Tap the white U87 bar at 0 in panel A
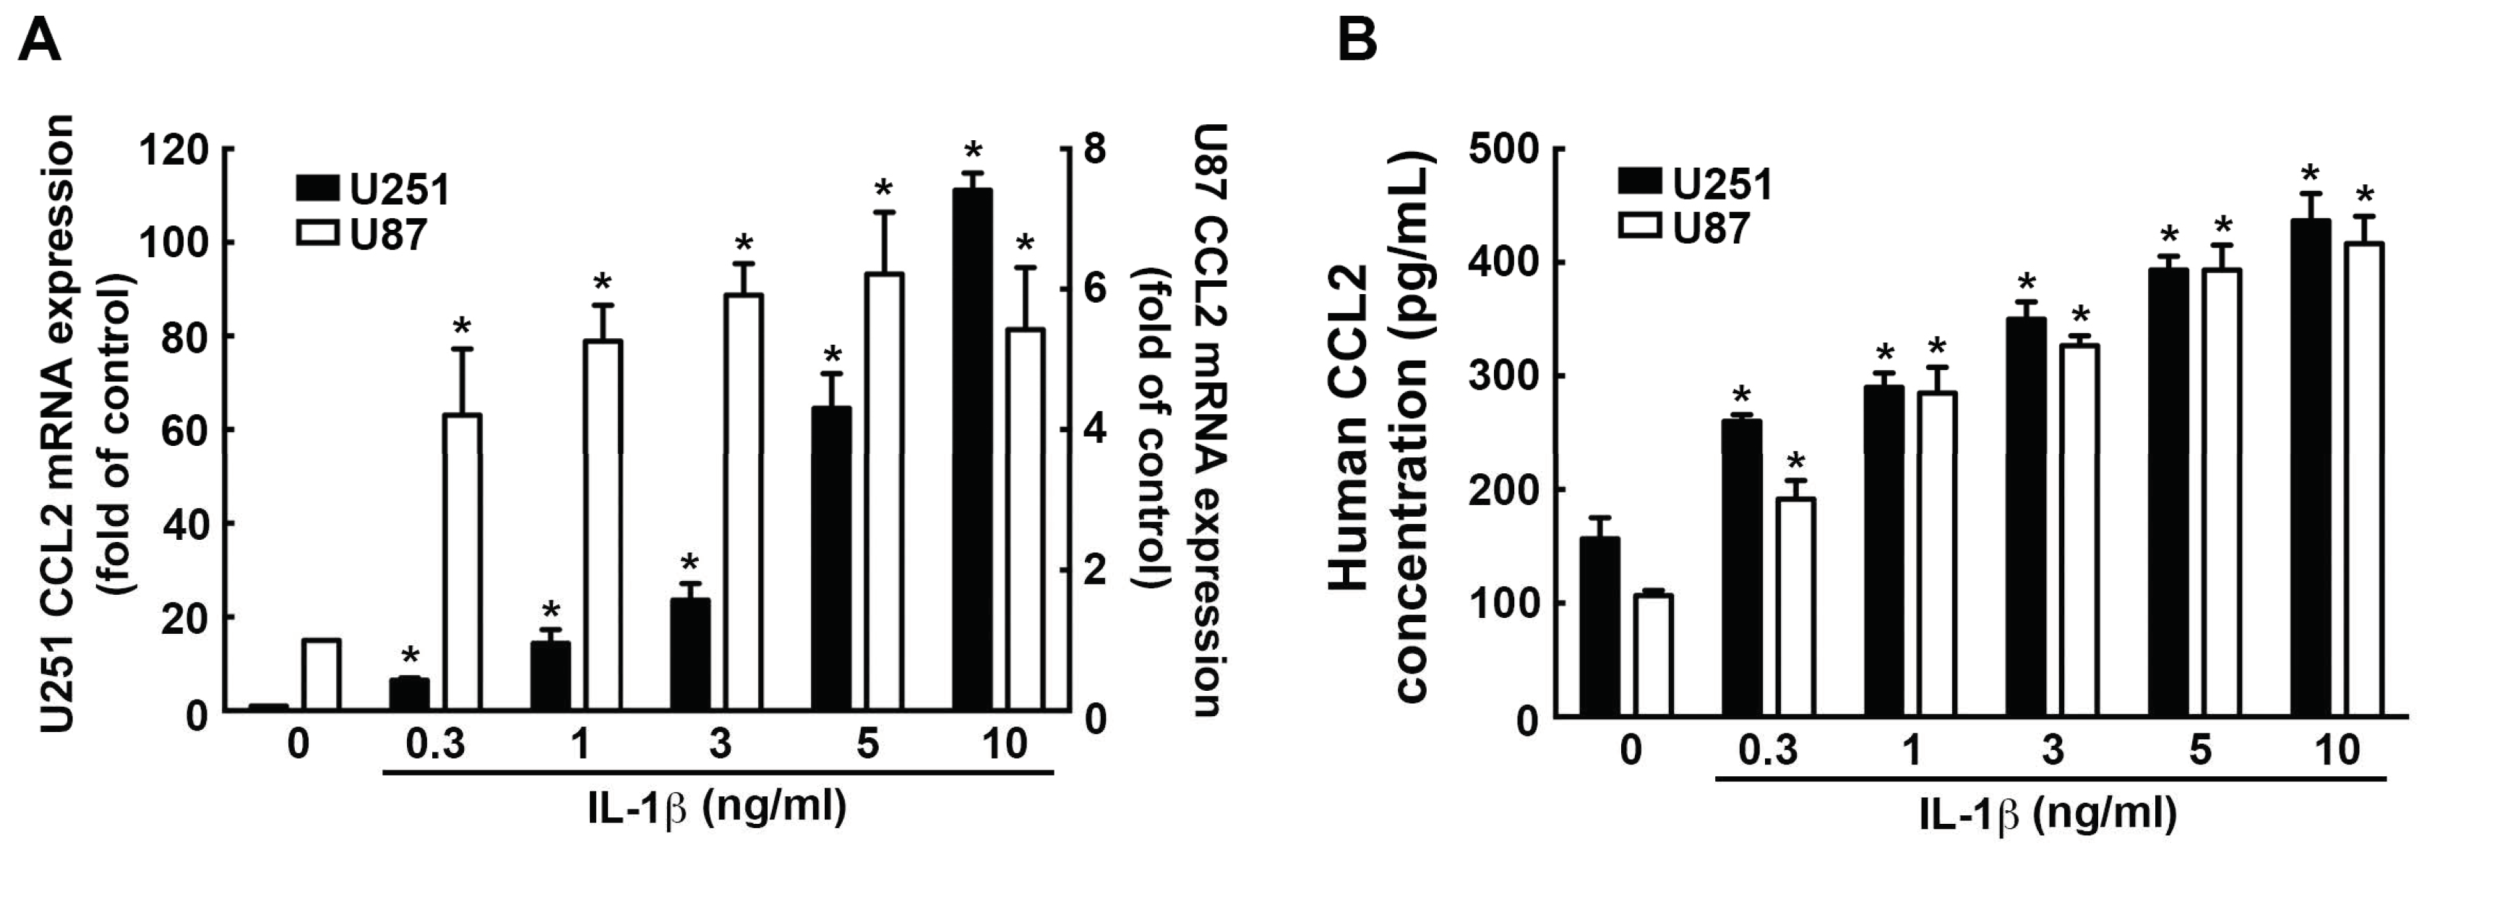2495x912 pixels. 321,675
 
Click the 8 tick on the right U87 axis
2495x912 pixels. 1094,150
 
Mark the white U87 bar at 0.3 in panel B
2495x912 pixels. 1795,607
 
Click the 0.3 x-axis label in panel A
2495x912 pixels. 435,744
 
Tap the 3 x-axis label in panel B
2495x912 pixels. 2053,750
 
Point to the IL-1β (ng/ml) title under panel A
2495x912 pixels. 717,807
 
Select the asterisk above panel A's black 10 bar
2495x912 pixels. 972,151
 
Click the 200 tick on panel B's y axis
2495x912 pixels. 1503,491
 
